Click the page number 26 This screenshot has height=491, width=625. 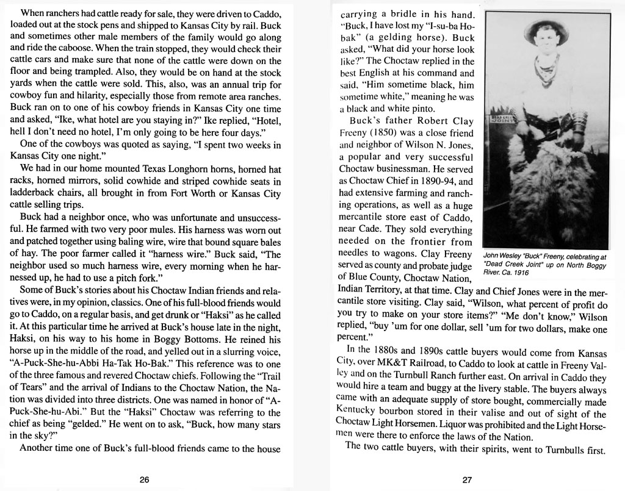coord(144,479)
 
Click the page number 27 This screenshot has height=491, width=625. coord(467,479)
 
